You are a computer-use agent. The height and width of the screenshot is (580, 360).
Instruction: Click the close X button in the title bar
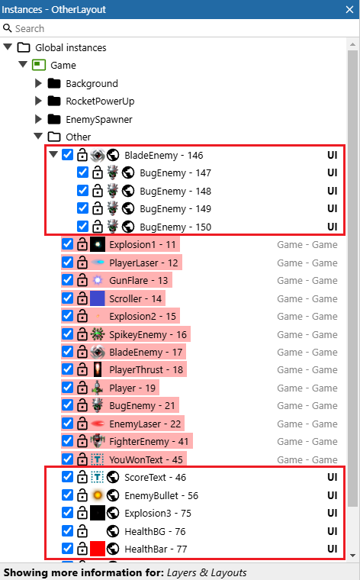click(349, 9)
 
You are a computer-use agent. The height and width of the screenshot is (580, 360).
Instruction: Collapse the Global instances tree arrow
click(8, 47)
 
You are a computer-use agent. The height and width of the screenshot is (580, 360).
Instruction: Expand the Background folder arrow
click(38, 83)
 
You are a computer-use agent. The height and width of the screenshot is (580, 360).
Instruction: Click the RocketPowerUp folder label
click(100, 101)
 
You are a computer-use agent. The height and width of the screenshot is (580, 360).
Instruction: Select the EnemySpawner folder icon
click(54, 119)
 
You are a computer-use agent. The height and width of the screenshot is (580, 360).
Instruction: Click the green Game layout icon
click(39, 65)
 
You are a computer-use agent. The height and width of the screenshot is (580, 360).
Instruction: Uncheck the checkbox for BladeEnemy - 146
click(68, 155)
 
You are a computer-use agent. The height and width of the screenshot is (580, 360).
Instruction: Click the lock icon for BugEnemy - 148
click(98, 191)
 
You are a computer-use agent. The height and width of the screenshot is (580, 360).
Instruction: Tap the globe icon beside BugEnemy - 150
click(128, 227)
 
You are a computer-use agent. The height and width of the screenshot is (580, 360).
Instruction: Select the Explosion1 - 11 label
click(143, 244)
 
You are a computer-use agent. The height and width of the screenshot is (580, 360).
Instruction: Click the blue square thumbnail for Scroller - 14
click(98, 298)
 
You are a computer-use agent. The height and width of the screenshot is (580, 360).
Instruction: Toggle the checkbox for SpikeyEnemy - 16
click(68, 334)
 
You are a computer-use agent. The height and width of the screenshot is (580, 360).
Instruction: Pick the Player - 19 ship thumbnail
click(98, 388)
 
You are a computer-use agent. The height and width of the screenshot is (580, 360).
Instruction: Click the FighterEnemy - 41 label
click(149, 441)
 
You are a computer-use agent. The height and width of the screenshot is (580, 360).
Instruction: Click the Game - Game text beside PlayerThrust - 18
click(307, 370)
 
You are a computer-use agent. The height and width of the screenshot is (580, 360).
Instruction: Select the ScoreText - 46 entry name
click(156, 477)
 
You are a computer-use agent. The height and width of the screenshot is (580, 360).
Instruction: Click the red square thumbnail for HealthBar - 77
click(98, 549)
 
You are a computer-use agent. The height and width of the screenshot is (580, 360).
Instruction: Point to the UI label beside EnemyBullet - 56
click(333, 495)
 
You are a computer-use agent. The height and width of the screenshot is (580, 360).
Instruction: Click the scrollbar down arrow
click(352, 555)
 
